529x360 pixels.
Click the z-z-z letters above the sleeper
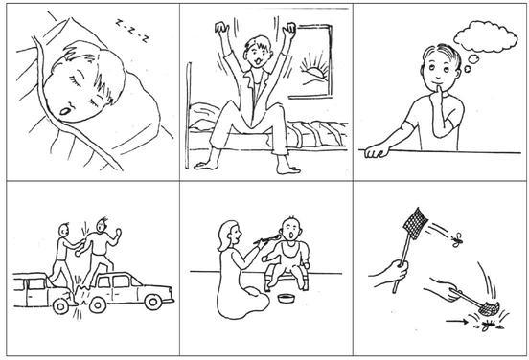(131, 31)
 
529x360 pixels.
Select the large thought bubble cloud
(486, 36)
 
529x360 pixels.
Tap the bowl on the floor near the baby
(285, 299)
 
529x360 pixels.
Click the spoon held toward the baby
(269, 238)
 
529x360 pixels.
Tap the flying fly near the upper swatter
(457, 239)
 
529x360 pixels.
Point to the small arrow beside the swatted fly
(456, 321)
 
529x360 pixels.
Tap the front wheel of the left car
(61, 305)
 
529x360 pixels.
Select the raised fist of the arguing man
(117, 232)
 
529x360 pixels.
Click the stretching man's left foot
(205, 165)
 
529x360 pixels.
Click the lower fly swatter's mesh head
(489, 306)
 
